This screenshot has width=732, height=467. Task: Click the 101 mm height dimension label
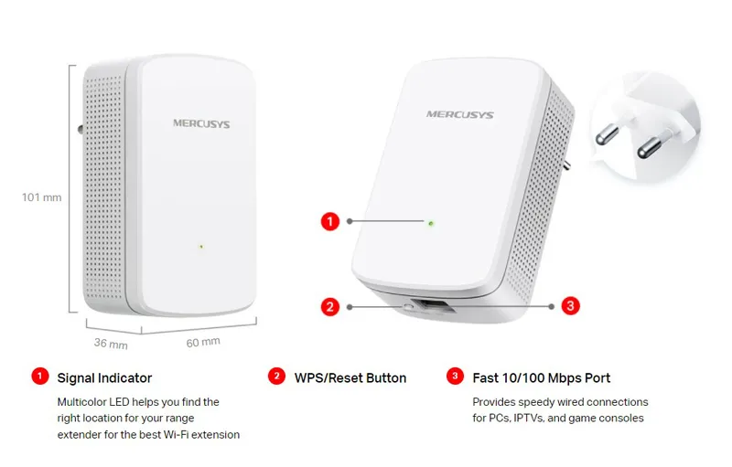coord(41,196)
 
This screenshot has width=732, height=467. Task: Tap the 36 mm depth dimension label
coord(111,345)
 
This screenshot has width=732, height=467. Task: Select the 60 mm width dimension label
coord(203,342)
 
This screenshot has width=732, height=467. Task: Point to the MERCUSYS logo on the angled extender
coord(459,115)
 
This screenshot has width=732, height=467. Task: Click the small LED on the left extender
coord(200,245)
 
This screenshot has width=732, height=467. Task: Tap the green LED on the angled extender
coord(430,221)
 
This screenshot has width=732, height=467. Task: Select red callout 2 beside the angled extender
coord(331,306)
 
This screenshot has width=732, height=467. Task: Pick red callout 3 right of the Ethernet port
coord(570,306)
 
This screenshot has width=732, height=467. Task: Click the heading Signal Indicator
coord(104,377)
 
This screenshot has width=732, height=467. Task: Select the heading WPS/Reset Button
coord(350,377)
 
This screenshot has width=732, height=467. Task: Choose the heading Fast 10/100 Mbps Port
coord(541,377)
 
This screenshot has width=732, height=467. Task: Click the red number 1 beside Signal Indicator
coord(38,376)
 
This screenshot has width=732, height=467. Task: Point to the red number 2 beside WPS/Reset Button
coord(275,376)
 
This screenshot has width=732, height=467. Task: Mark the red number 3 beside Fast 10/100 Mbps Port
coord(454,376)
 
